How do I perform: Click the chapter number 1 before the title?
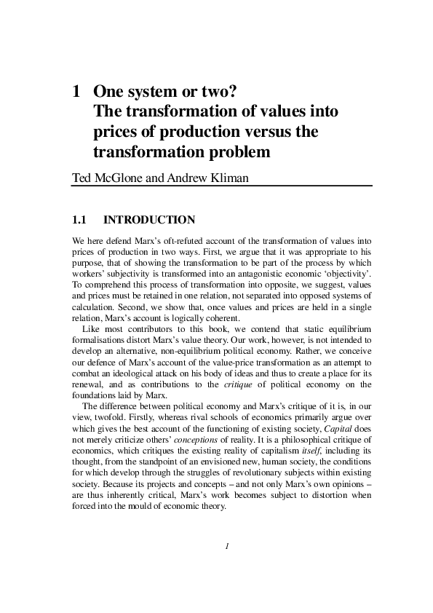tap(75, 92)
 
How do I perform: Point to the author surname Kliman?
tap(229, 176)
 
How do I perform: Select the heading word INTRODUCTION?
tap(149, 219)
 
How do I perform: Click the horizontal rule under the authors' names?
tap(221, 186)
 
